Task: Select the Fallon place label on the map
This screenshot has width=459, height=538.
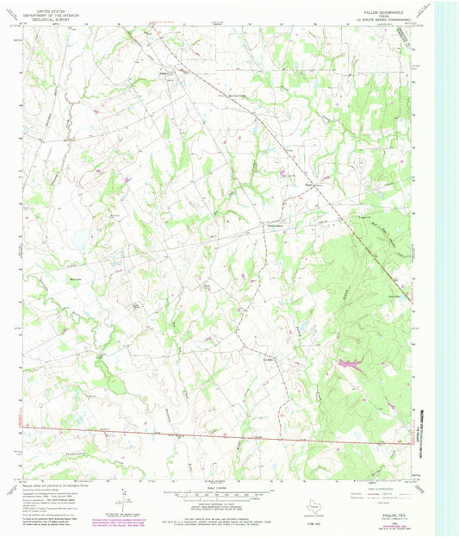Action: (x=310, y=183)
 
